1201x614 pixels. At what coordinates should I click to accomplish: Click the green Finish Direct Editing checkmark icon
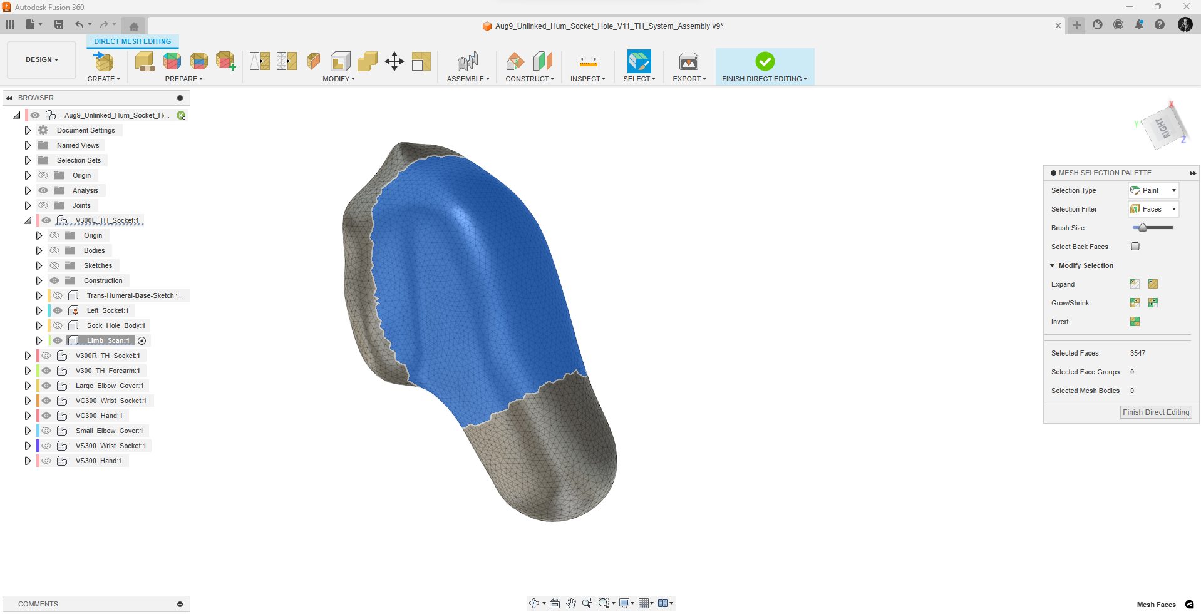[765, 61]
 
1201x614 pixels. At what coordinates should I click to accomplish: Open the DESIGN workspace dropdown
[41, 59]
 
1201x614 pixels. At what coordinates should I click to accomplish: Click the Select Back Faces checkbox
[1135, 247]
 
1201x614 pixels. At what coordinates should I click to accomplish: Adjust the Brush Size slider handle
[1143, 228]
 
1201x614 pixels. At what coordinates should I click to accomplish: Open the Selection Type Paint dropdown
[1153, 190]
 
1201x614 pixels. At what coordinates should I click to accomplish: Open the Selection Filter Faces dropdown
[1153, 209]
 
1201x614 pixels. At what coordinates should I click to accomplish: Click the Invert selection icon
[1135, 322]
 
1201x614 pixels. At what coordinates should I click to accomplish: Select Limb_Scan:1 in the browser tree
[108, 340]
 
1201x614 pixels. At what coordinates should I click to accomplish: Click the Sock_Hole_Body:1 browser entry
[116, 325]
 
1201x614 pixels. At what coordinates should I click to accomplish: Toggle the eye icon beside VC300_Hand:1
[46, 416]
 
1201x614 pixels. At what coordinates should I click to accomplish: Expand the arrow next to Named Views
[28, 145]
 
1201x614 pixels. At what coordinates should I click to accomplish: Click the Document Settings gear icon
[43, 130]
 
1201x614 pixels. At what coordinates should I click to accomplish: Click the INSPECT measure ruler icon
[588, 61]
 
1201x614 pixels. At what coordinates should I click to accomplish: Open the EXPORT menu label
[689, 79]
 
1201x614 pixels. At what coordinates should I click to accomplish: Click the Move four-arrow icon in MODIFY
[394, 61]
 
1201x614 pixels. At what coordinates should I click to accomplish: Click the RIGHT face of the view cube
[1163, 128]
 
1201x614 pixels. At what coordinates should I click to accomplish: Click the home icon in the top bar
[133, 26]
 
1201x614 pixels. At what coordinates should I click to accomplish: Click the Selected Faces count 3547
[1137, 353]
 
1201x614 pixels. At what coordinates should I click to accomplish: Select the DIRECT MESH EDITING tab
[132, 41]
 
